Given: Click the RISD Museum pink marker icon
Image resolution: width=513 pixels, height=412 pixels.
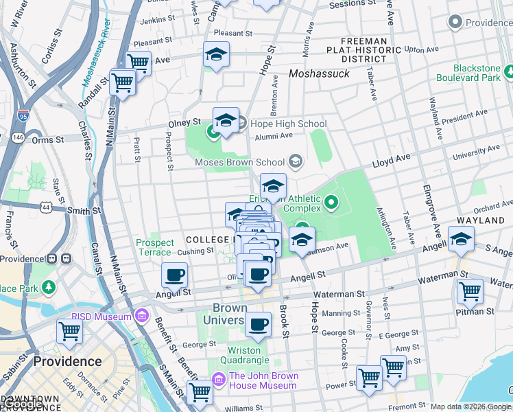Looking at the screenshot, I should coord(142,317).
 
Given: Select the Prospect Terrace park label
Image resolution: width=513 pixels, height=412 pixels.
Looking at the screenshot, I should coord(155,247).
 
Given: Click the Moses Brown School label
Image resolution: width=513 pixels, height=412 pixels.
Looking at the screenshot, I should coord(239,162).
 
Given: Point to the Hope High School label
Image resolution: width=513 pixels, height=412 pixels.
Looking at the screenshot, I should coord(288,124).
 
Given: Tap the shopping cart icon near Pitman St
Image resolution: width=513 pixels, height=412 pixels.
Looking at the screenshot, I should coord(470,290).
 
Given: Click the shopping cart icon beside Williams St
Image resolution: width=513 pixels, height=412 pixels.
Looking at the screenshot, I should coord(200,392).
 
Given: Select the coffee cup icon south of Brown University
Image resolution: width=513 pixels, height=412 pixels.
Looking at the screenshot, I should coord(258,324).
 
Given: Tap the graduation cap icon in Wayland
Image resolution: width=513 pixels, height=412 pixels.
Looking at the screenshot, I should coord(461,239).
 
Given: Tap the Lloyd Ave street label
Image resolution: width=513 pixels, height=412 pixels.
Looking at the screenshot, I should coord(392,161).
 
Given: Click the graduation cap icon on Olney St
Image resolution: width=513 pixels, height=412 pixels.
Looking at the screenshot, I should coord(225,120).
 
